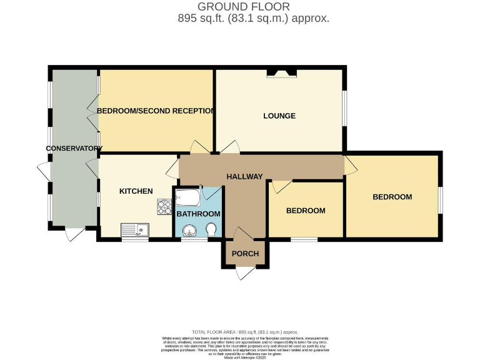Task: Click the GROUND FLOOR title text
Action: (x=244, y=7)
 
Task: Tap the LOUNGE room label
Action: (x=279, y=116)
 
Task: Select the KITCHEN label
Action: (x=136, y=191)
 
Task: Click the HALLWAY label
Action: (x=244, y=176)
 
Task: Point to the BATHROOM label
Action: (x=198, y=213)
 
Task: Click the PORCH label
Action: (x=244, y=253)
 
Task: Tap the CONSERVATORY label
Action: (x=74, y=148)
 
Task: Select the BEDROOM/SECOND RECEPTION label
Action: (x=156, y=111)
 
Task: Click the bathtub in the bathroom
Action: (x=187, y=199)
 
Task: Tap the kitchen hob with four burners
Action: (x=164, y=206)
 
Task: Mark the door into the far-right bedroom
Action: (x=351, y=165)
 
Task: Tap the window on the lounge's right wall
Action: (x=343, y=108)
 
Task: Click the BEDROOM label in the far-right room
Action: (x=392, y=197)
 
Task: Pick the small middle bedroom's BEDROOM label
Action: (x=306, y=211)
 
